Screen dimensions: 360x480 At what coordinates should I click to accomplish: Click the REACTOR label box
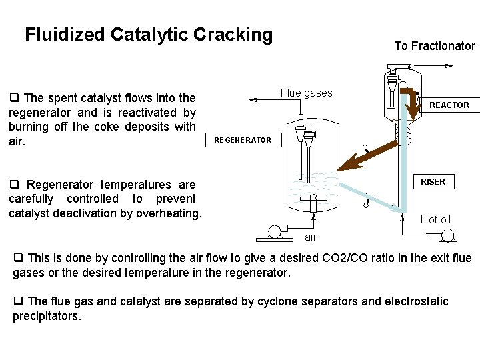449,105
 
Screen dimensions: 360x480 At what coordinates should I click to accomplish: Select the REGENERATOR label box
243,140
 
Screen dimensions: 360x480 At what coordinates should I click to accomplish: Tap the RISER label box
433,181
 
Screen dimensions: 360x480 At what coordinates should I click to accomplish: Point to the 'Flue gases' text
306,93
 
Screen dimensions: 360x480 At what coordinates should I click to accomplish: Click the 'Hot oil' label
435,219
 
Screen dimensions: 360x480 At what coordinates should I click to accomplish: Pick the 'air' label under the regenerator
311,237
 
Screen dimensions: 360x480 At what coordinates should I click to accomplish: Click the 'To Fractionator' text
435,46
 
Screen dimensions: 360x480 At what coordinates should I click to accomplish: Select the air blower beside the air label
274,232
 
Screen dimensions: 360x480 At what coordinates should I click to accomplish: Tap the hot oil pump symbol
447,235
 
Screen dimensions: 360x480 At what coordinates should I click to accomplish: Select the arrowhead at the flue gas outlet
252,99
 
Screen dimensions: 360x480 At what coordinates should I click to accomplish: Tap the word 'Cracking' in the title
233,35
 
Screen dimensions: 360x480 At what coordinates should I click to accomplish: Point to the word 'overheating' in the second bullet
169,213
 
